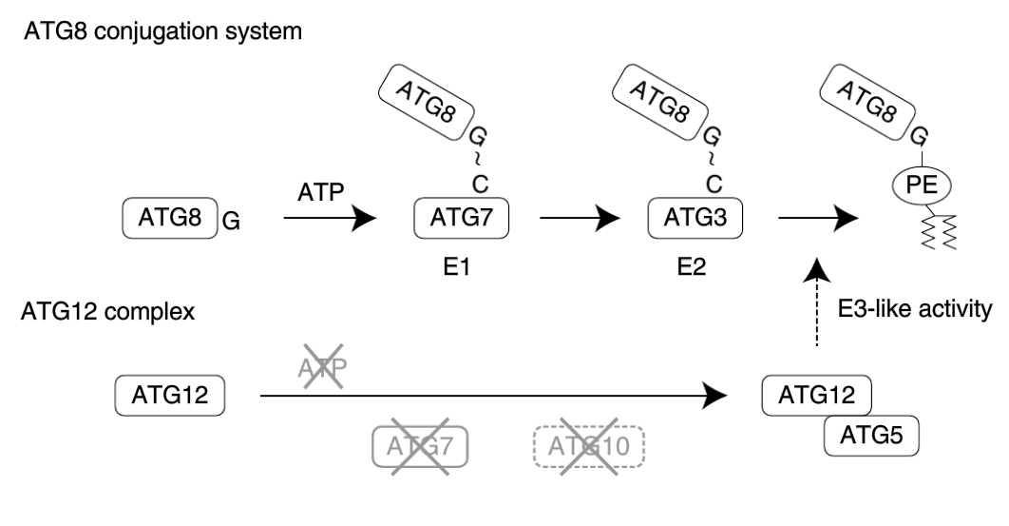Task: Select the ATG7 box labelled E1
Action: tap(462, 219)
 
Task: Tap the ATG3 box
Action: tap(695, 219)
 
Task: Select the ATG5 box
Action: tap(871, 434)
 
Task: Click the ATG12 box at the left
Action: tap(168, 394)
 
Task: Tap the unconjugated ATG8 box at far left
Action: tap(168, 219)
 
